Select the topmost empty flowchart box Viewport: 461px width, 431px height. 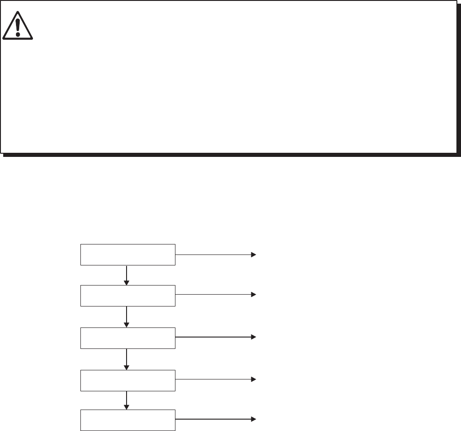[128, 254]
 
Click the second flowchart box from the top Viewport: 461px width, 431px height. [128, 296]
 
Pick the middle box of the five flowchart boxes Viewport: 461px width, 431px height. [128, 338]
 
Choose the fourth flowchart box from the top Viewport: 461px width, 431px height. [128, 380]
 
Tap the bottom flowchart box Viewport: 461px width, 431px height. [128, 421]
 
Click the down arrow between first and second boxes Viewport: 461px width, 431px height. [126, 275]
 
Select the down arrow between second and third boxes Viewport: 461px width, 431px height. [126, 317]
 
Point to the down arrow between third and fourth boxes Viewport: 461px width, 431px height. [126, 359]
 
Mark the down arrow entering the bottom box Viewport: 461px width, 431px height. [126, 400]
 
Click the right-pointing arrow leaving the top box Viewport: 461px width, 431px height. [215, 254]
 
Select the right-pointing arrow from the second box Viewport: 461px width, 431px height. [215, 295]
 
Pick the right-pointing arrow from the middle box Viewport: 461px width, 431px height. [215, 337]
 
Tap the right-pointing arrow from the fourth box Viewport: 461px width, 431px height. [215, 379]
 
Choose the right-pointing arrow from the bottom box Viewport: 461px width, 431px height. [215, 419]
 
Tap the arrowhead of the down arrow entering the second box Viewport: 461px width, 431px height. [126, 282]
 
